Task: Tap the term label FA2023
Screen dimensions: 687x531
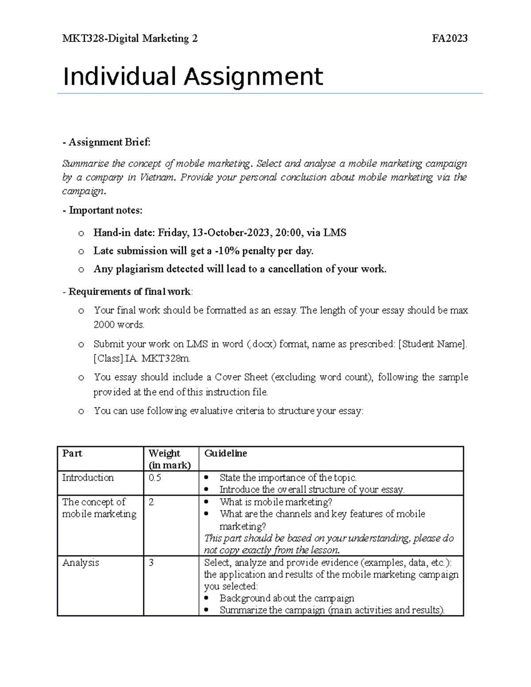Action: click(450, 39)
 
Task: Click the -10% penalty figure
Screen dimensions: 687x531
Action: click(226, 251)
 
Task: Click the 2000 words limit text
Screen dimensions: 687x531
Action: click(119, 325)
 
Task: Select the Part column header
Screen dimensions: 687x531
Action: click(72, 453)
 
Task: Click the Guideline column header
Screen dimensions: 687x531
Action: click(225, 453)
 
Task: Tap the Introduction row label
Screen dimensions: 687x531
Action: click(88, 478)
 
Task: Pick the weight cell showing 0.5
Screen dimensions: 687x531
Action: click(155, 478)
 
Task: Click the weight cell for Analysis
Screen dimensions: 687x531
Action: click(151, 563)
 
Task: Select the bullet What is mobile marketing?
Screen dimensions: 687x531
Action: click(275, 502)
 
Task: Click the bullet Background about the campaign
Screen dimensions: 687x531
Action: click(287, 599)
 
